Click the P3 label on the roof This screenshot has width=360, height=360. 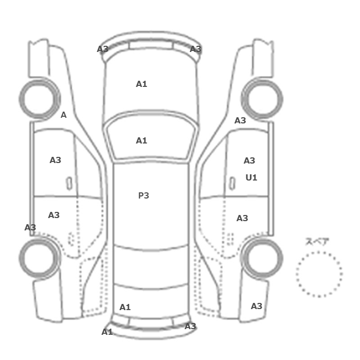pos(143,195)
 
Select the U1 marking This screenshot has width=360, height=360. pos(251,177)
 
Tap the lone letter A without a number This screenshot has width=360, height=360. pos(64,115)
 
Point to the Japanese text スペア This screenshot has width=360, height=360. pos(317,242)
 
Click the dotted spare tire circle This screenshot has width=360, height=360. pos(319,252)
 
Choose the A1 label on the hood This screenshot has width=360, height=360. pos(141,84)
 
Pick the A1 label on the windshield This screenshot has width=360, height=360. pos(141,140)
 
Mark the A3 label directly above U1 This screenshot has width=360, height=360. pos(249,160)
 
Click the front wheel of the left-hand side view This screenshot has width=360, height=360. pos(39,80)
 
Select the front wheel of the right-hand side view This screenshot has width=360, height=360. pos(262,80)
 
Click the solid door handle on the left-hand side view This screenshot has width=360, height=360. pos(69,184)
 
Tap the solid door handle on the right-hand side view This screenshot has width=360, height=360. pos(232,184)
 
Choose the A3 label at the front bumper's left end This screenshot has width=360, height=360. pos(103,49)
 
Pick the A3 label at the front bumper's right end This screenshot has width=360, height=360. pos(195,49)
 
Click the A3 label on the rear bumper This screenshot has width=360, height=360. pos(190,326)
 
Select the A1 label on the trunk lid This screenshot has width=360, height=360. pos(125,307)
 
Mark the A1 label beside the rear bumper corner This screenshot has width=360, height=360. pos(107,332)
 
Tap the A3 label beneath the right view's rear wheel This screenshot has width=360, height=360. pos(257,306)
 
